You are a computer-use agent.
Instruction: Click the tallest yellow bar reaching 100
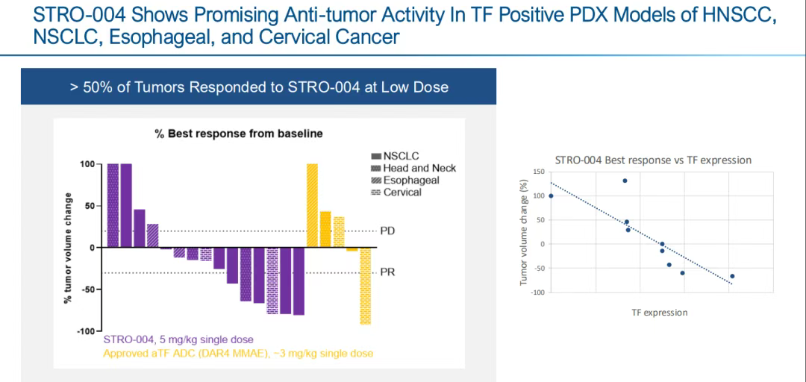click(x=312, y=205)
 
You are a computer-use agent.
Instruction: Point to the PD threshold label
click(x=387, y=231)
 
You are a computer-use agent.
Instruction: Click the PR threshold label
click(x=387, y=272)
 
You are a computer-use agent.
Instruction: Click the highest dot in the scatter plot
click(x=625, y=181)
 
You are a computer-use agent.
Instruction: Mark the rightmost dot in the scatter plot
click(x=732, y=276)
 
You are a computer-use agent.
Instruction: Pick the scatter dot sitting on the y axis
click(x=551, y=196)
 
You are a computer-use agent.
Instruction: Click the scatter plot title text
click(x=653, y=160)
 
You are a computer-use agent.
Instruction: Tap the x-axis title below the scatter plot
click(x=659, y=313)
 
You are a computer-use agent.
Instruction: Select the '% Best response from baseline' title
click(x=238, y=134)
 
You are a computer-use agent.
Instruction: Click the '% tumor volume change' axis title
click(x=68, y=248)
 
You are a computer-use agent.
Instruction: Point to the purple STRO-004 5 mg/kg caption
click(x=178, y=340)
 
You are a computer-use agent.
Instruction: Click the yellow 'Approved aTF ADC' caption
click(x=238, y=353)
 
